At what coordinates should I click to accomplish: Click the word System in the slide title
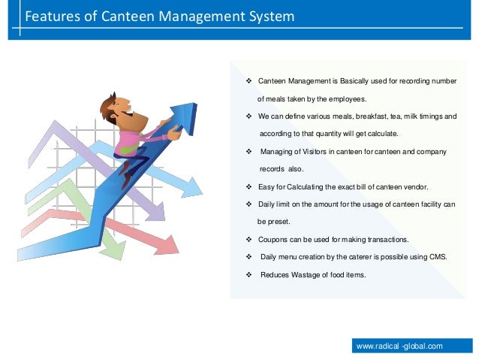(267, 16)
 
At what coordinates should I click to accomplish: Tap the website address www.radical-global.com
(399, 346)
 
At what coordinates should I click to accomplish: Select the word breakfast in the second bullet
(366, 116)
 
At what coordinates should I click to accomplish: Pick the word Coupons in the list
(273, 239)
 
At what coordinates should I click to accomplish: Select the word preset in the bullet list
(279, 222)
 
